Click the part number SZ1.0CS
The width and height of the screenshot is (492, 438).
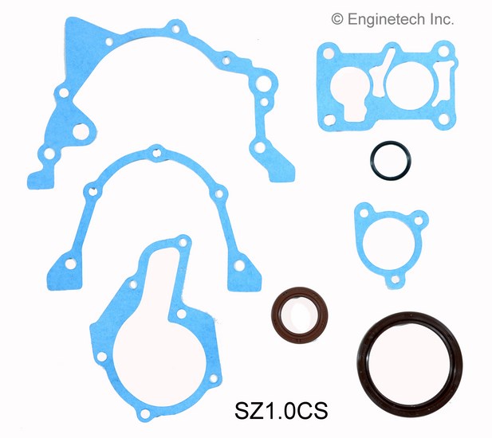coord(281,411)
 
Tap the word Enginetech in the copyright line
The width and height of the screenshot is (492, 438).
coord(386,19)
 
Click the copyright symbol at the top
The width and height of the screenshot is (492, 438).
coord(337,19)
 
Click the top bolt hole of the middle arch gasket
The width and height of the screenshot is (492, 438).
coord(156,153)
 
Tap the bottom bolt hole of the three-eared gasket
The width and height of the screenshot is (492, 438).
coord(395,280)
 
